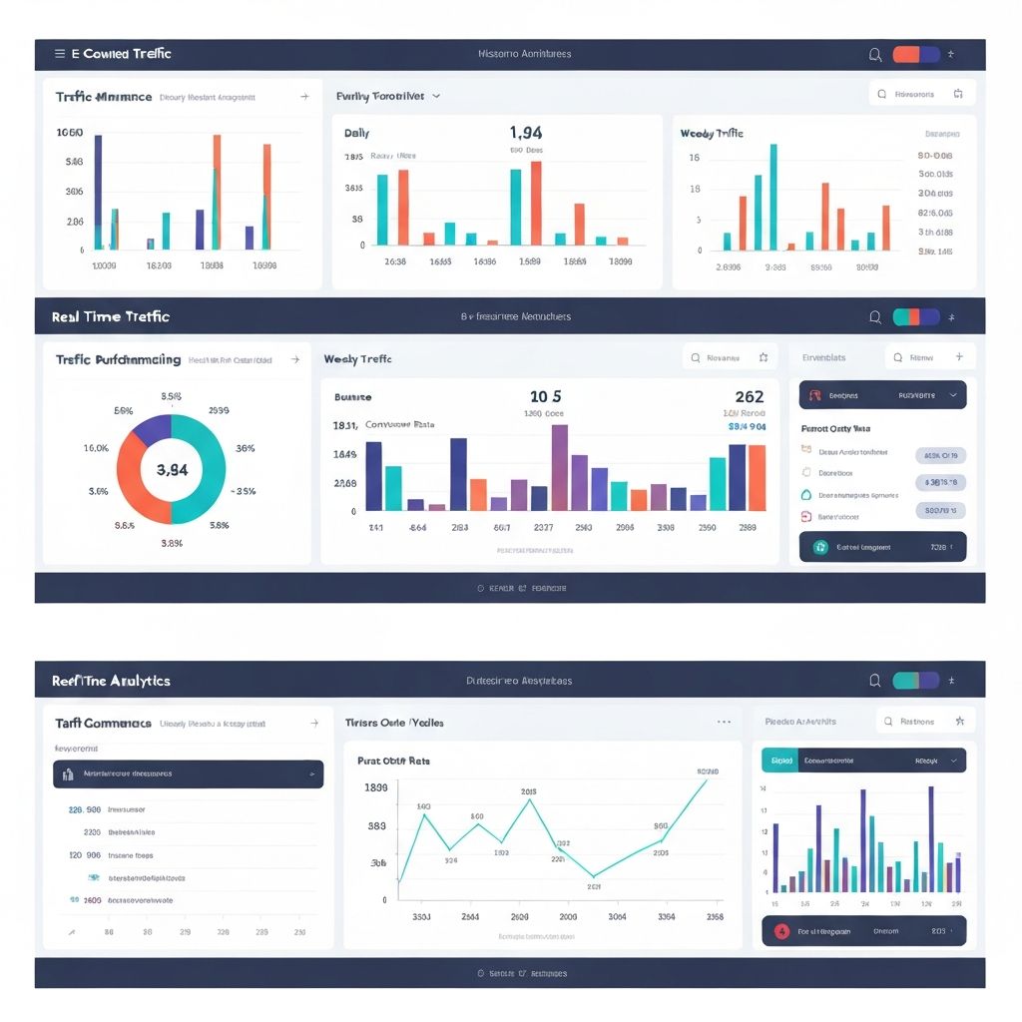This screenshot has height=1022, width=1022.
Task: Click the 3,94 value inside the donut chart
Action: (x=172, y=470)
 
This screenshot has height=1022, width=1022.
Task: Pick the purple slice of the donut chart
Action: (x=153, y=429)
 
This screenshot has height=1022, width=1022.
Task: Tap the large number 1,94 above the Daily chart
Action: (x=525, y=133)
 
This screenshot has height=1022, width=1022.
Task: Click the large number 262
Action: (x=749, y=397)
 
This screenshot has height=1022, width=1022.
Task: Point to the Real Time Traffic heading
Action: (x=111, y=316)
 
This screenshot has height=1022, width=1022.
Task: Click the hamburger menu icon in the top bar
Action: (x=60, y=54)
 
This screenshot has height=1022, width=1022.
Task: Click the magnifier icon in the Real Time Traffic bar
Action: (x=875, y=317)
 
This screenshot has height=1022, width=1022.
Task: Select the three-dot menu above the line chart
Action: (x=724, y=722)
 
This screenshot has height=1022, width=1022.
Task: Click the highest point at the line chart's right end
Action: (x=707, y=779)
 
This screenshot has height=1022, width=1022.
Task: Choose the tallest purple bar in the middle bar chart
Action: (x=560, y=467)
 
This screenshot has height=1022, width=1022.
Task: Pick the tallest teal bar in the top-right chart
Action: (x=772, y=197)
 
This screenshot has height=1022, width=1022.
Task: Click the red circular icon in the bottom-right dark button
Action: (x=782, y=931)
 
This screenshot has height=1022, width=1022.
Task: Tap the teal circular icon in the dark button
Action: (x=820, y=547)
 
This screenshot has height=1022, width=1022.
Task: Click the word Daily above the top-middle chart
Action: (x=356, y=133)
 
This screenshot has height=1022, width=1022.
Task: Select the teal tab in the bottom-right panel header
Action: (x=779, y=761)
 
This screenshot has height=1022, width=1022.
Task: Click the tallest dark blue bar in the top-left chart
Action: (x=98, y=192)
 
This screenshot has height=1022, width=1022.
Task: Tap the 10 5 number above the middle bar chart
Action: (x=545, y=397)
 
